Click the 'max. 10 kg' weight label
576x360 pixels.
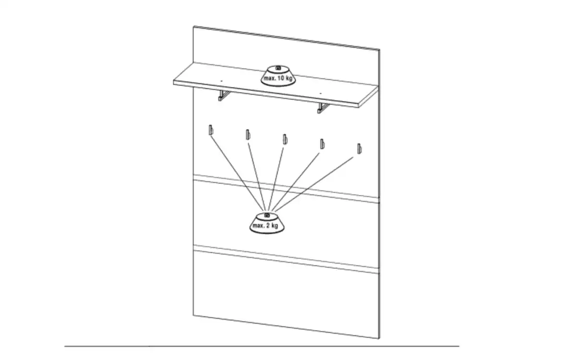[x=278, y=78]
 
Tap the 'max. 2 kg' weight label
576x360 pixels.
[x=265, y=226]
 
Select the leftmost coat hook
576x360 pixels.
[x=211, y=130]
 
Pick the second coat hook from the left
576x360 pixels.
[x=248, y=134]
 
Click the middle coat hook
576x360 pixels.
[x=285, y=139]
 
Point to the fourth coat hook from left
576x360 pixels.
[x=322, y=144]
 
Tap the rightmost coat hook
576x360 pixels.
[x=360, y=149]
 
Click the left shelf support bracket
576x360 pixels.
[x=224, y=96]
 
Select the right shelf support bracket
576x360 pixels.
[x=323, y=108]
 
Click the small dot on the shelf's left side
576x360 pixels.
[x=221, y=81]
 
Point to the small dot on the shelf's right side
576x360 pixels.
[x=321, y=93]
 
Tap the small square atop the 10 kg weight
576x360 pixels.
[x=278, y=68]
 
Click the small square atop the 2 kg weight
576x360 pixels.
[x=267, y=216]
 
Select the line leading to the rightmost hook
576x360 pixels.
[x=314, y=184]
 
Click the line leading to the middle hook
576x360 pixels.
[x=276, y=179]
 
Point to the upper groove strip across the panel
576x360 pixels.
[x=286, y=189]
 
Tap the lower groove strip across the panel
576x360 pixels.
[x=286, y=260]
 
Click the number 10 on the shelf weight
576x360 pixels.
[x=281, y=78]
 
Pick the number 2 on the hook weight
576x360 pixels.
[x=268, y=226]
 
